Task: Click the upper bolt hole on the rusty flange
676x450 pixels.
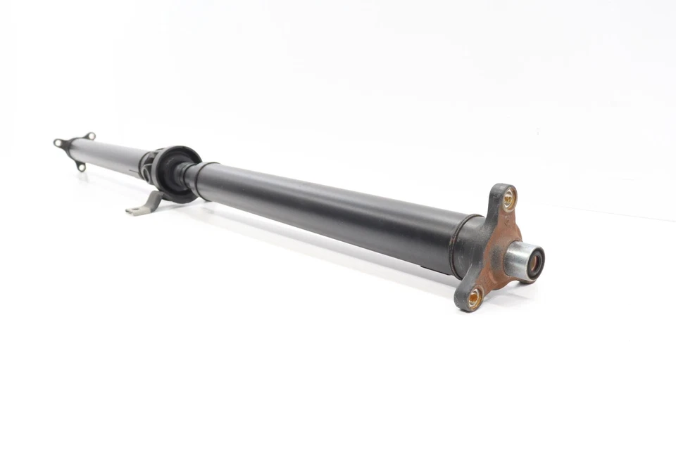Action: pos(509,199)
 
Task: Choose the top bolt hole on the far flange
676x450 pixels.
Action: pos(89,135)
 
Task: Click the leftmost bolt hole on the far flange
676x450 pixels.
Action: pos(57,143)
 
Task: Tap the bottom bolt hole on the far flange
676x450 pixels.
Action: pos(82,167)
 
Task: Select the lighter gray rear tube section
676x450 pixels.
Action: pos(109,153)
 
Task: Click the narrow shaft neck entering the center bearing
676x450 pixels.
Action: pos(185,172)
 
